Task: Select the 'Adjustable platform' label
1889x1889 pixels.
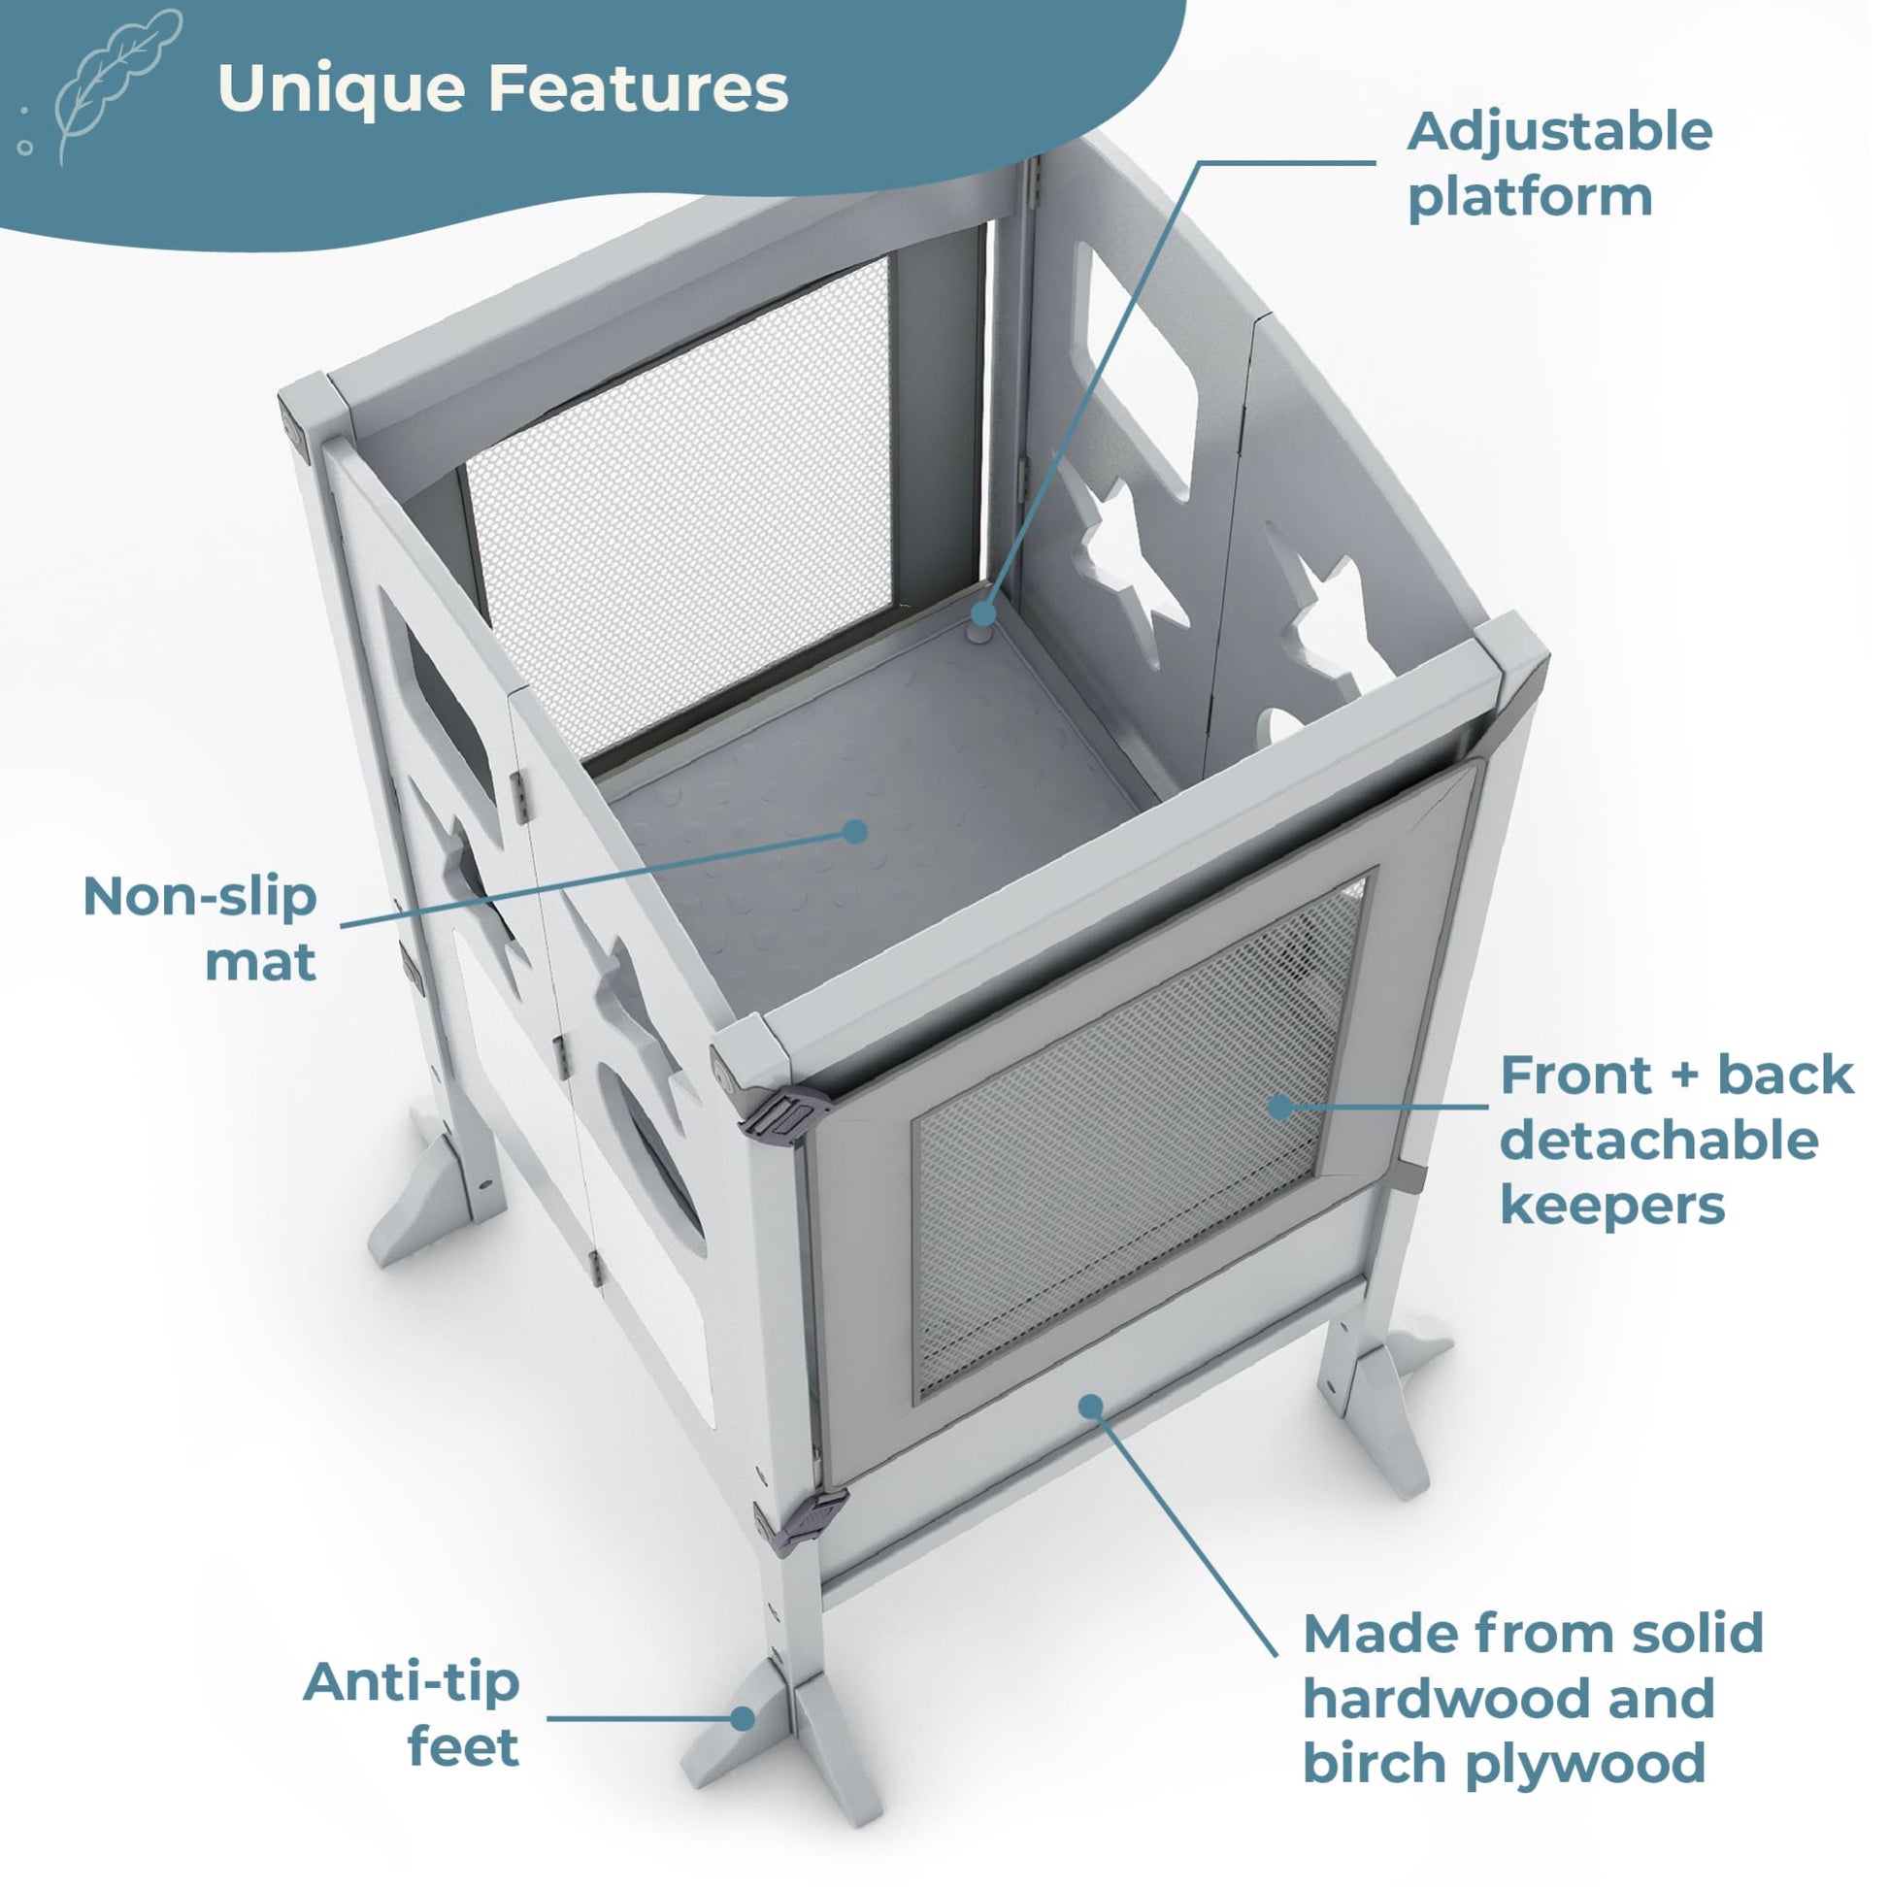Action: coord(1560,164)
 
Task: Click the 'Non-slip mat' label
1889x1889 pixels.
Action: coord(200,929)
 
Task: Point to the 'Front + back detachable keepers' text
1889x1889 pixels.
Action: coord(1676,1140)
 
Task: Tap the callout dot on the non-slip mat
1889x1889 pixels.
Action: coord(855,832)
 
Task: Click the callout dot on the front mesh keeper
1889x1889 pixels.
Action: coord(1278,1106)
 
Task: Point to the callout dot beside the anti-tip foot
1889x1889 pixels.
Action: coord(745,1719)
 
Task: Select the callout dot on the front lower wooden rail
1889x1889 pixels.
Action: coord(1091,1407)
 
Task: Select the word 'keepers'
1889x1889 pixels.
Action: coord(1612,1206)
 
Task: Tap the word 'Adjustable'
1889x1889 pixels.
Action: coord(1560,133)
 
